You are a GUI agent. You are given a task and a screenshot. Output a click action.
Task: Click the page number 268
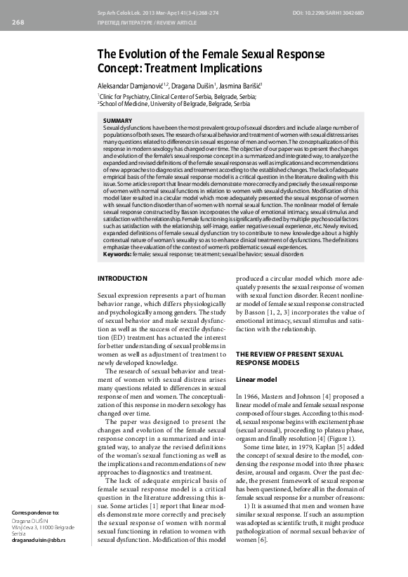pos(18,22)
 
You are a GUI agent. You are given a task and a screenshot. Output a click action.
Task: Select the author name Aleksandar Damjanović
pos(131,84)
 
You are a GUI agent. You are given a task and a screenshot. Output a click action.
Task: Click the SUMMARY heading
pos(117,121)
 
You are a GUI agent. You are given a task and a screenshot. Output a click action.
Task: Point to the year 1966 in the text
pos(254,397)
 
